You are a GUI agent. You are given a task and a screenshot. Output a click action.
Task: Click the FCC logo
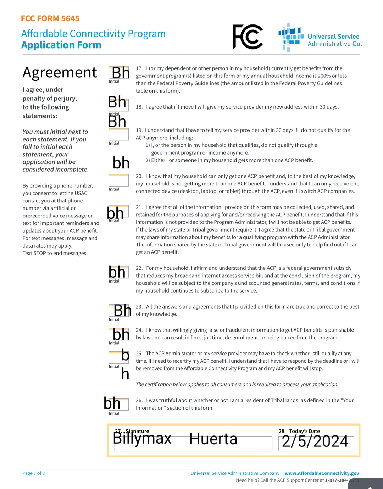[x=248, y=37]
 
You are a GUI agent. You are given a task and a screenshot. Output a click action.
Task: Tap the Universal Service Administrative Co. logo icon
[x=291, y=38]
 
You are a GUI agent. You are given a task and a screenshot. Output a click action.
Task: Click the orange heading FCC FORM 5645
[x=50, y=18]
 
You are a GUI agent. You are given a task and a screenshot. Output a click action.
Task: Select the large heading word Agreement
[x=60, y=73]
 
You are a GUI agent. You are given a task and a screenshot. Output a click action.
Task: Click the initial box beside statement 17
[x=119, y=72]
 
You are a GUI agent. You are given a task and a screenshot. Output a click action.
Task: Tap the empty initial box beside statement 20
[x=119, y=180]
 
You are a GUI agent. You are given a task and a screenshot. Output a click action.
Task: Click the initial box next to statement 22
[x=119, y=272]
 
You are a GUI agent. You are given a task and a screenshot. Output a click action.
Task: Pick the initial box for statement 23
[x=119, y=311]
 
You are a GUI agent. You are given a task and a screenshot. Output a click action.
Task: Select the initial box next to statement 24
[x=119, y=334]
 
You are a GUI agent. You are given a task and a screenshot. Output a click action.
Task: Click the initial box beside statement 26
[x=119, y=404]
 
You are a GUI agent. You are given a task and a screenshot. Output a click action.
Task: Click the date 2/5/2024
[x=315, y=441]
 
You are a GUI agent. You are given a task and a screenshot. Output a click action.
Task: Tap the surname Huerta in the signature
[x=213, y=439]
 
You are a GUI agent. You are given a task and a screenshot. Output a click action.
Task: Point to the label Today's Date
[x=304, y=431]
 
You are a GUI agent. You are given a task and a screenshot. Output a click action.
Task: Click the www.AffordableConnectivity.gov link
[x=322, y=473]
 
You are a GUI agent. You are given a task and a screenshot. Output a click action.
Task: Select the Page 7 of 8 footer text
[x=34, y=473]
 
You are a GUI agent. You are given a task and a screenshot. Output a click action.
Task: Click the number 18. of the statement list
[x=139, y=107]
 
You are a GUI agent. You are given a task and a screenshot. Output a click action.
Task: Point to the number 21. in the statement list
[x=139, y=207]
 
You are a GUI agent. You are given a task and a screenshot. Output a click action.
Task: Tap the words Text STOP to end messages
[x=55, y=253]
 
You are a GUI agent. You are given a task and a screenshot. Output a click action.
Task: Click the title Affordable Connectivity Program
[x=93, y=34]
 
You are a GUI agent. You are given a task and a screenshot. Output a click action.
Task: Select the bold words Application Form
[x=61, y=45]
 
